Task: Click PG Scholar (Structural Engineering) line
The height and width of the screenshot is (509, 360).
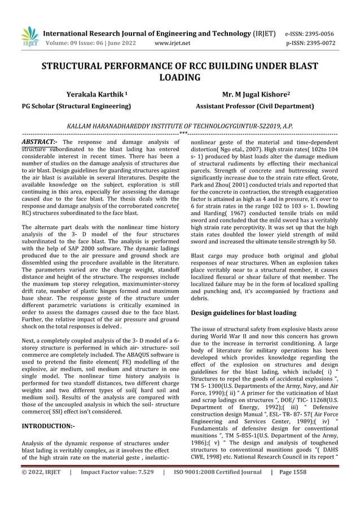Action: tap(76, 106)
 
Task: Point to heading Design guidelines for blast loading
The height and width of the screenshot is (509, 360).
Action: tap(243, 312)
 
